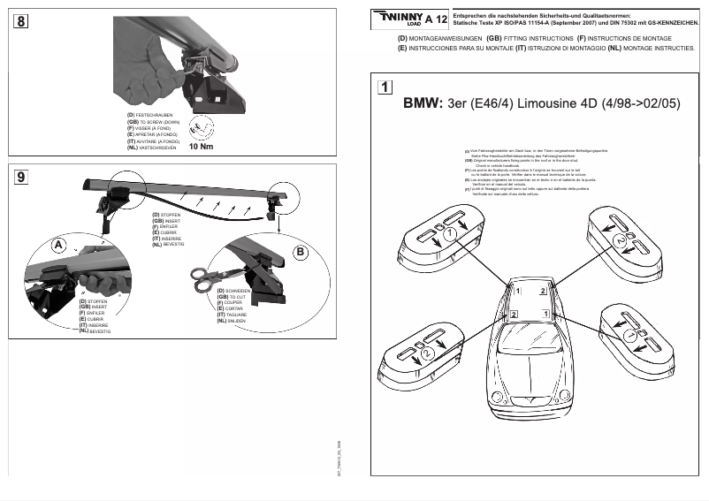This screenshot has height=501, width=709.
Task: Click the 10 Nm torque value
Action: point(202,147)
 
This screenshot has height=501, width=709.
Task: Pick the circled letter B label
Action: point(300,252)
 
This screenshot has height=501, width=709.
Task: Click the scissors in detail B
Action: point(206,276)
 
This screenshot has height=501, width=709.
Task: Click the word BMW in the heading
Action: point(423,103)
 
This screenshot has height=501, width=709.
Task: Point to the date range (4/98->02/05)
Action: point(641,103)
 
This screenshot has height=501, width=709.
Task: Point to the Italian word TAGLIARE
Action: point(236,315)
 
